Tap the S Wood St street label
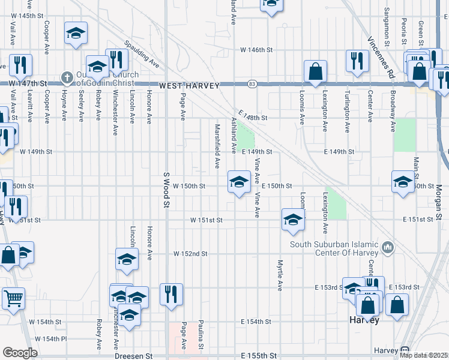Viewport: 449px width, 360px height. [x=166, y=190]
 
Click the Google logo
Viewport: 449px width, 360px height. [x=20, y=353]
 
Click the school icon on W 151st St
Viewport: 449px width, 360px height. [x=293, y=220]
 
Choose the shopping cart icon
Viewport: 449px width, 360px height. [x=13, y=297]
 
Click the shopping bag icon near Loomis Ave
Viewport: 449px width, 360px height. [x=315, y=72]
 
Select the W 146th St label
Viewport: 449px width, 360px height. [x=257, y=50]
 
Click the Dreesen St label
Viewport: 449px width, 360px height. [x=134, y=356]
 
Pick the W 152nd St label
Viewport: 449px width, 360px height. [x=190, y=254]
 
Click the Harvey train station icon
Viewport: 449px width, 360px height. [x=405, y=350]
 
